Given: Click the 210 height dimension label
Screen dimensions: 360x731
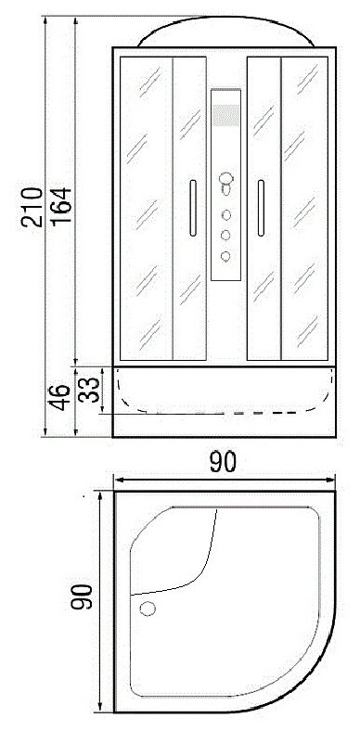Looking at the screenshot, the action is (x=32, y=207).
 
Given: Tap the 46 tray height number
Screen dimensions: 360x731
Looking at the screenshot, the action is (x=60, y=397).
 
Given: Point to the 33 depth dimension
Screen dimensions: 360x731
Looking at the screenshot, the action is (x=88, y=390).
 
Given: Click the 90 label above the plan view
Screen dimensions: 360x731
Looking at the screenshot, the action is (x=223, y=462).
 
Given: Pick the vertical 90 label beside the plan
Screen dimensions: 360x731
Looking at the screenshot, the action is (x=82, y=596).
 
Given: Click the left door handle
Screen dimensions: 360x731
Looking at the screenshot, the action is (x=193, y=208).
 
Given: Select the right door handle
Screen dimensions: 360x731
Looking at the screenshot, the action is (x=261, y=208).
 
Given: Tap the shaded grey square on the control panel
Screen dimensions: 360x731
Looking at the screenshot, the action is (x=226, y=115).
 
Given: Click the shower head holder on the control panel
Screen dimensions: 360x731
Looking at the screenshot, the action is (x=226, y=184).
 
